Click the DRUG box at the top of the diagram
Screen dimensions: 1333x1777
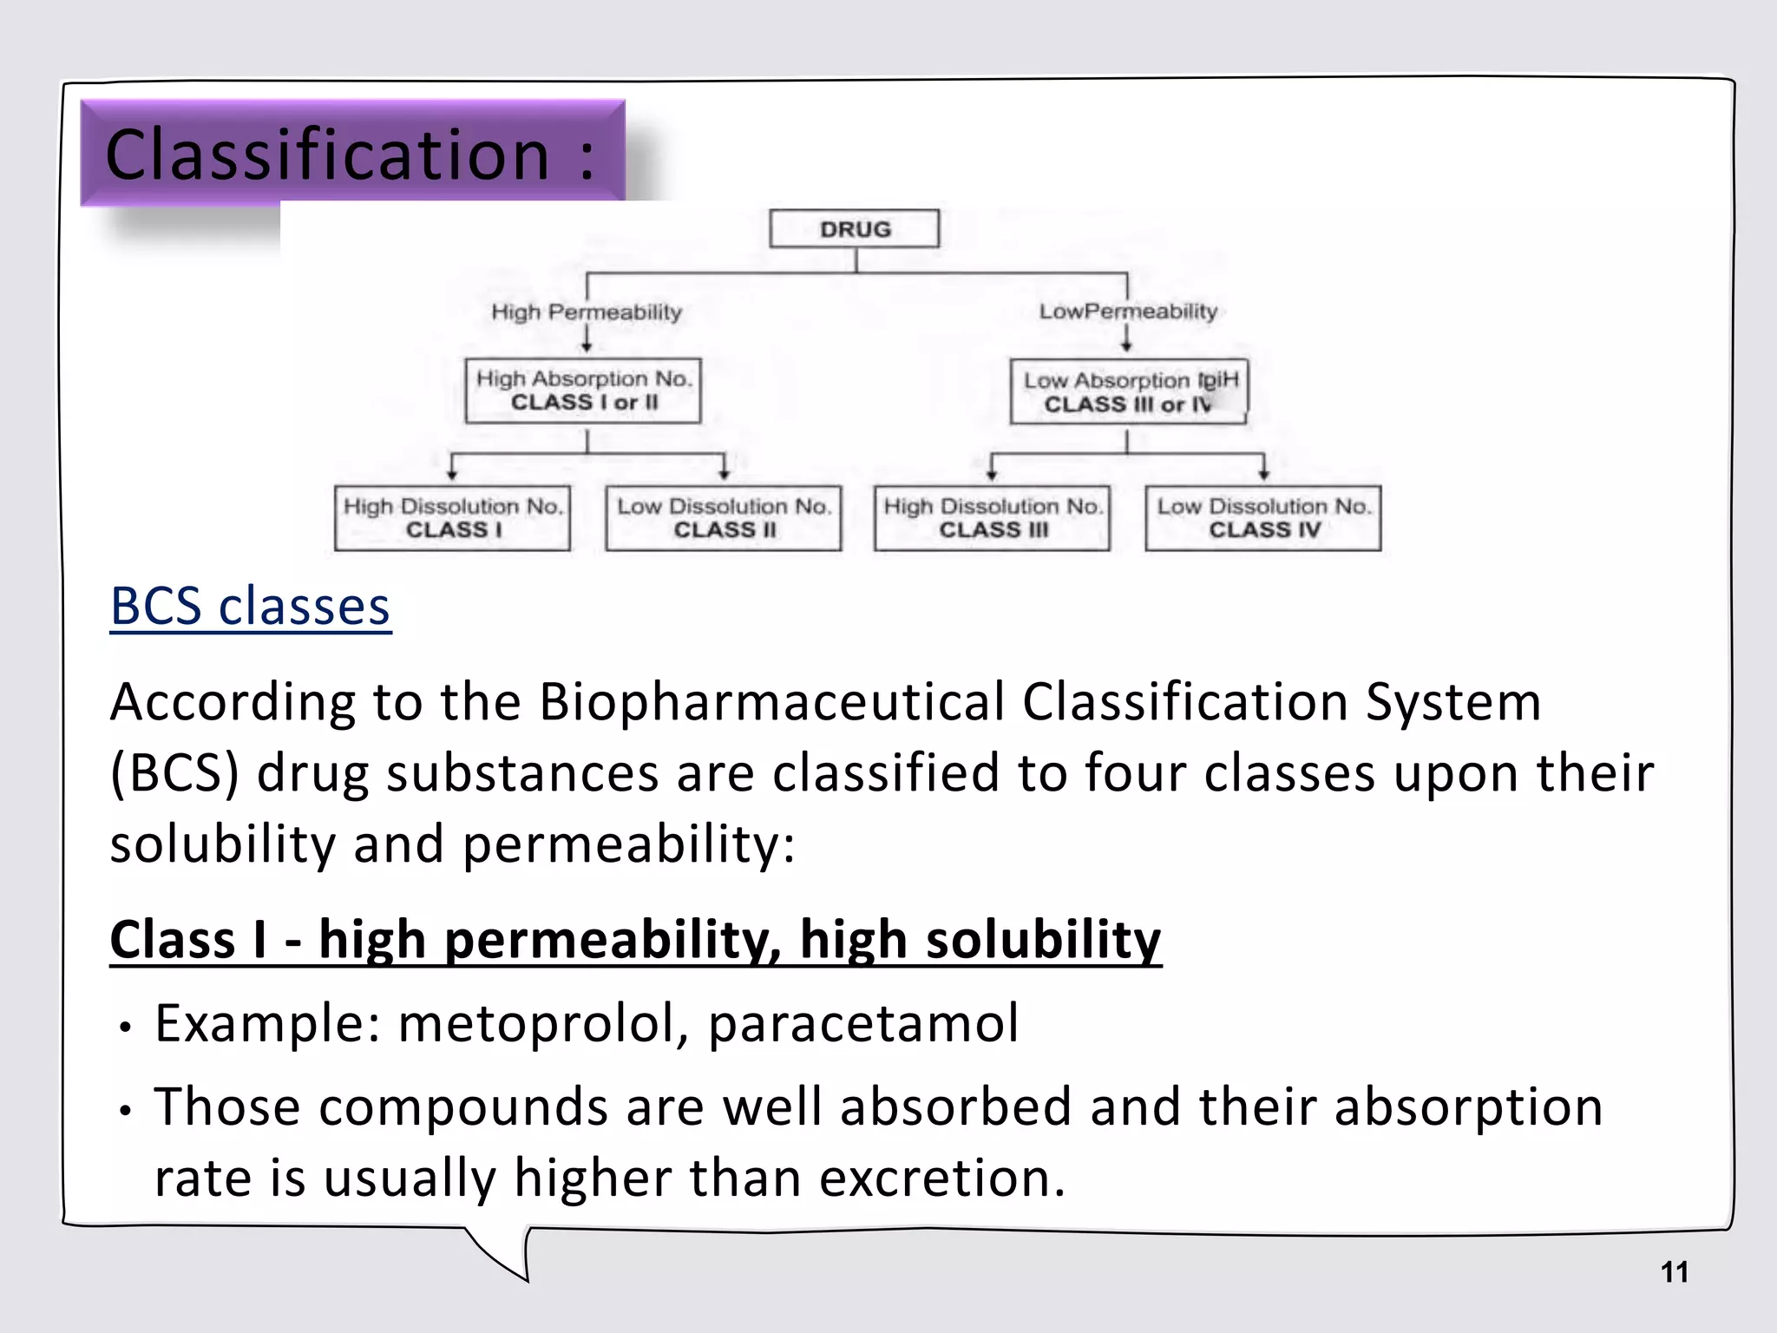854,229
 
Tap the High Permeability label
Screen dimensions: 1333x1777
587,312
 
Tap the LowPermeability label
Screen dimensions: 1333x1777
1128,311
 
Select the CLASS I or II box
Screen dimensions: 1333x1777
583,391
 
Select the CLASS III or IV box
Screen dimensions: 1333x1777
1129,392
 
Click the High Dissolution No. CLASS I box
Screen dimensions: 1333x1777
452,518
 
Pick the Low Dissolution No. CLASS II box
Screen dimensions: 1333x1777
724,518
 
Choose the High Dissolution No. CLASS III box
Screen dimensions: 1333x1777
993,518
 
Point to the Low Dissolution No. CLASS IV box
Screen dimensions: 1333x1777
1263,518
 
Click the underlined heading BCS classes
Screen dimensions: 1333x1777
250,606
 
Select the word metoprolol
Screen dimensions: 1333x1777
542,1023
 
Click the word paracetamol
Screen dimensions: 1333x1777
863,1023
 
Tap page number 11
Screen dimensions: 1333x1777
1674,1272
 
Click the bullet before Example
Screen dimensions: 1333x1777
126,1028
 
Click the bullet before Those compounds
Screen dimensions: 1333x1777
126,1112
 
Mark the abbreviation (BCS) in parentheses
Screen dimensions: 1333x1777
174,772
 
